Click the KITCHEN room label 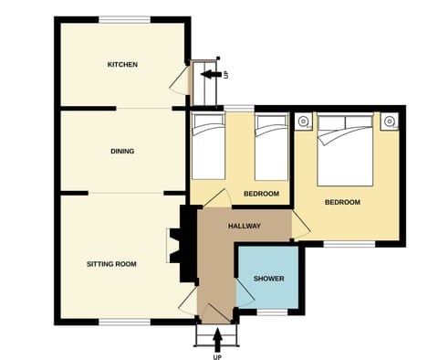[x=122, y=65]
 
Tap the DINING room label [x=122, y=152]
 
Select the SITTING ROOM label [x=111, y=264]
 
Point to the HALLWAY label [x=245, y=226]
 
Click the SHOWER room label [x=267, y=279]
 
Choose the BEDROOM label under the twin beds [x=262, y=194]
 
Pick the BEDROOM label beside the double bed [x=342, y=202]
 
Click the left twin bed [x=207, y=146]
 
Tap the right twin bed [x=271, y=146]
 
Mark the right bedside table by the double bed [x=389, y=121]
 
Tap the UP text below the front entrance [x=217, y=355]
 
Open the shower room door [x=244, y=292]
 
